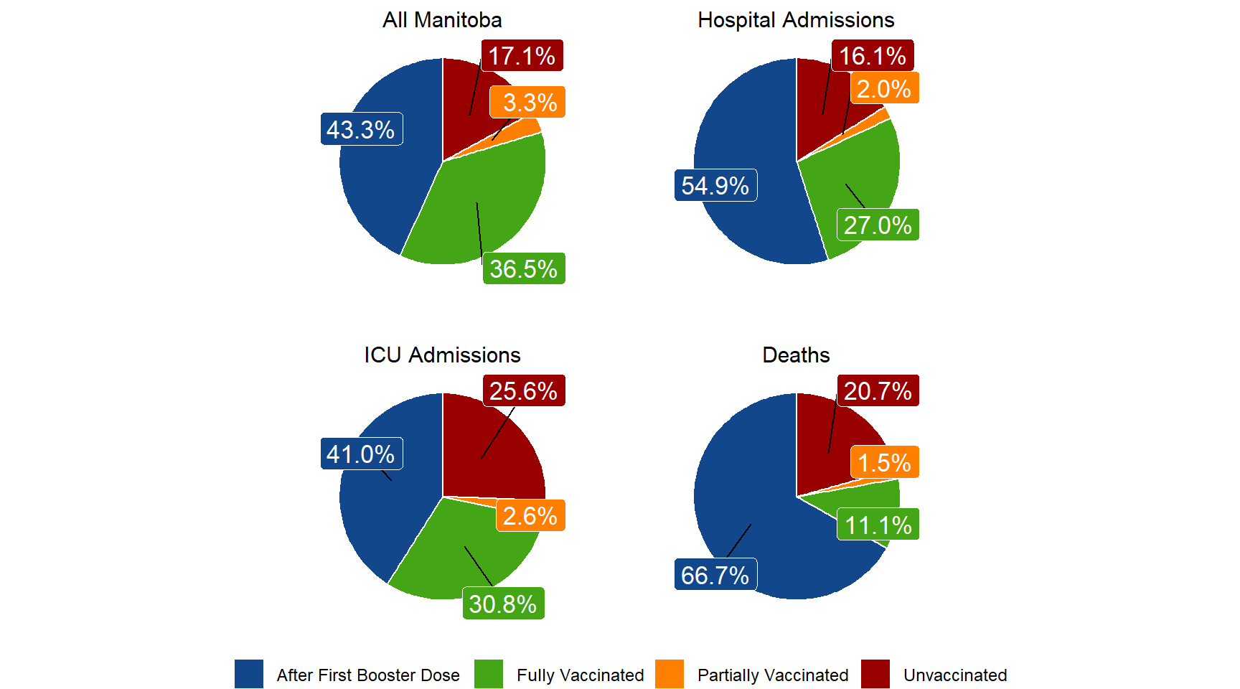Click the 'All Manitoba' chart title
click(x=442, y=20)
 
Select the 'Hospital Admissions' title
click(x=796, y=20)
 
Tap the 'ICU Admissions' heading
click(x=442, y=355)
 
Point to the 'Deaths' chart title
click(x=796, y=355)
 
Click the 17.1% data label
click(x=522, y=56)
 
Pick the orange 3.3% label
click(x=528, y=103)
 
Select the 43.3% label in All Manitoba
click(x=361, y=130)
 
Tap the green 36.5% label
click(x=524, y=269)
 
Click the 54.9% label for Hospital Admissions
click(x=715, y=186)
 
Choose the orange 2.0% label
click(x=884, y=89)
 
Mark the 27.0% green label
click(x=878, y=225)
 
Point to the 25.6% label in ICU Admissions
click(x=524, y=391)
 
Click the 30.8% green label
click(x=503, y=604)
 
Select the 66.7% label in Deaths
click(x=715, y=575)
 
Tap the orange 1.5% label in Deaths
click(x=884, y=463)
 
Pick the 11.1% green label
click(x=878, y=525)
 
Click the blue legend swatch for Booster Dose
click(x=249, y=675)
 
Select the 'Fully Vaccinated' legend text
click(x=580, y=675)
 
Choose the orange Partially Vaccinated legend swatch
click(x=670, y=675)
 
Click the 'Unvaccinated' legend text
click(x=955, y=675)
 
